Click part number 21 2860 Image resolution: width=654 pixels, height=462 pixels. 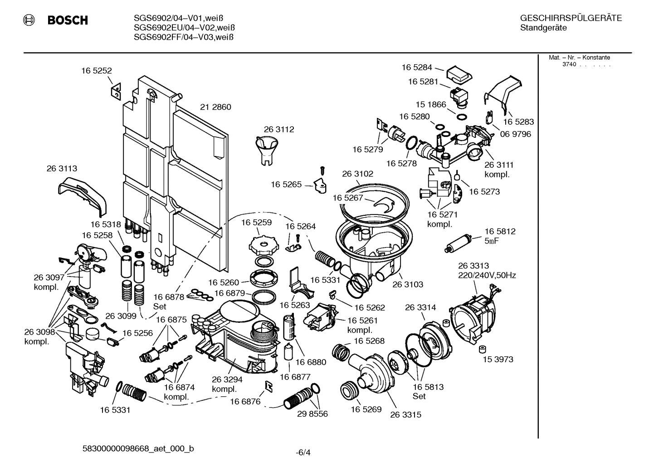[x=215, y=107]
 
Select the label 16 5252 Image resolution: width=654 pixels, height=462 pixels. [x=97, y=71]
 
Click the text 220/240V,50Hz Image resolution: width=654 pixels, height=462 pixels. [x=487, y=275]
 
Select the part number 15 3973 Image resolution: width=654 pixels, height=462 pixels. [x=498, y=360]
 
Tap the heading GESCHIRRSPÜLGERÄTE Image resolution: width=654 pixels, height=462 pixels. [x=571, y=19]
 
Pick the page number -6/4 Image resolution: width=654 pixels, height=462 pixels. [x=303, y=452]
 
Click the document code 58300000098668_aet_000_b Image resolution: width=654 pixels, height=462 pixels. [x=138, y=449]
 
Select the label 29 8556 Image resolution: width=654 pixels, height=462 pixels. [x=312, y=414]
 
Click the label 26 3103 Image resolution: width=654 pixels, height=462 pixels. [x=408, y=285]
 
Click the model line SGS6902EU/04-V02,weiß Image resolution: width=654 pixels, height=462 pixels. [x=184, y=28]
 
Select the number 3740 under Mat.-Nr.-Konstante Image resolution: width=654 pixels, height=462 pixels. [x=569, y=64]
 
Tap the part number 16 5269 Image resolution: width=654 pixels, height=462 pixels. [x=366, y=409]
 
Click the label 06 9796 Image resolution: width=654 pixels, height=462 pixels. [x=516, y=134]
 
